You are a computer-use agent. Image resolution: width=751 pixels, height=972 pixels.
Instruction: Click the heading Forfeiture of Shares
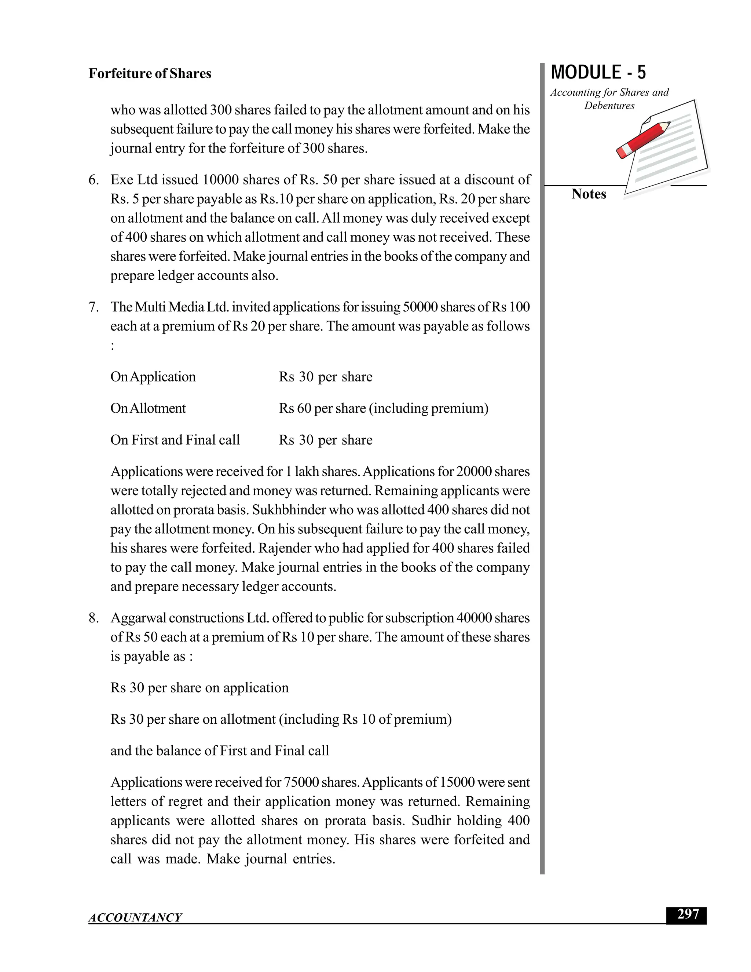coord(150,73)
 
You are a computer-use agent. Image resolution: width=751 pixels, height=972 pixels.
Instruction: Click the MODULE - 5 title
coord(598,73)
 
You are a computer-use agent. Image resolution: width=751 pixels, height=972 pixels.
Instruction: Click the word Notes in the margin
coord(588,194)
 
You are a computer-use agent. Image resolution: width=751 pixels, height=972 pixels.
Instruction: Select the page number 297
coord(688,914)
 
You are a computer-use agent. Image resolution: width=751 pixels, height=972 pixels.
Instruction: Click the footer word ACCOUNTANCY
coord(135,917)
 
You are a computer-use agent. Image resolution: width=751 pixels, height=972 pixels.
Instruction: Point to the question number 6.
coord(93,180)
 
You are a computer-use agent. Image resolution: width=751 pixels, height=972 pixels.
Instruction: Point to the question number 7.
coord(93,307)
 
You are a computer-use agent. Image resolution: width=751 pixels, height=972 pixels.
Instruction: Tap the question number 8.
coord(93,618)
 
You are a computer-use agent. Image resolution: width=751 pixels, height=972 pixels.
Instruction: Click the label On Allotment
coord(148,408)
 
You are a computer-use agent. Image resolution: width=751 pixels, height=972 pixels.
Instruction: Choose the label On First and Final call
coord(175,440)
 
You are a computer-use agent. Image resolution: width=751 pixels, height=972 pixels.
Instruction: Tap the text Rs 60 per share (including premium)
coord(383,408)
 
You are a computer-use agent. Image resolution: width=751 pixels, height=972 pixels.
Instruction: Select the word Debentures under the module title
coord(609,106)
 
